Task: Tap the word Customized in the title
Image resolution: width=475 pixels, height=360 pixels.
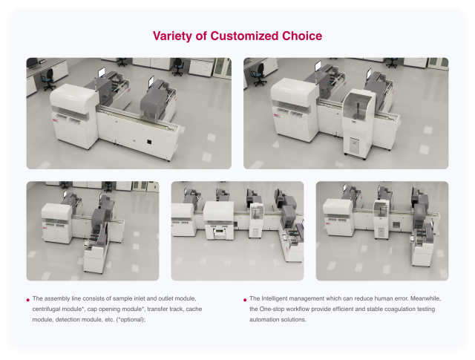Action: pyautogui.click(x=244, y=36)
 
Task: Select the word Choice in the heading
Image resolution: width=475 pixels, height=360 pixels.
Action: pyautogui.click(x=302, y=36)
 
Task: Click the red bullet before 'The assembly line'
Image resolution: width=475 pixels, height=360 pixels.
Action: pyautogui.click(x=28, y=300)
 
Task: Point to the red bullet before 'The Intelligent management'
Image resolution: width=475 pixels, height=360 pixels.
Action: pyautogui.click(x=245, y=300)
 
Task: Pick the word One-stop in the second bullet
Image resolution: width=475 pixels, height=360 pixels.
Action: pyautogui.click(x=272, y=309)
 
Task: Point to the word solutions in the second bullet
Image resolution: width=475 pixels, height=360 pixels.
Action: pyautogui.click(x=294, y=320)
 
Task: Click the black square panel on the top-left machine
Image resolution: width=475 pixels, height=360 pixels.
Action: pyautogui.click(x=149, y=141)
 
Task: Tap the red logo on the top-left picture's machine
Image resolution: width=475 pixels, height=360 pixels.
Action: pyautogui.click(x=56, y=120)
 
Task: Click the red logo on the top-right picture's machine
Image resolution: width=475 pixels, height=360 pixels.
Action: pyautogui.click(x=276, y=116)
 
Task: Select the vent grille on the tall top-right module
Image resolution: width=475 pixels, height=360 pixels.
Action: pyautogui.click(x=354, y=145)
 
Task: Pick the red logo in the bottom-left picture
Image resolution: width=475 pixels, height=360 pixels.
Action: pyautogui.click(x=45, y=228)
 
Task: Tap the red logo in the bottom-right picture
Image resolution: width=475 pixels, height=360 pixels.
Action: pyautogui.click(x=328, y=224)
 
